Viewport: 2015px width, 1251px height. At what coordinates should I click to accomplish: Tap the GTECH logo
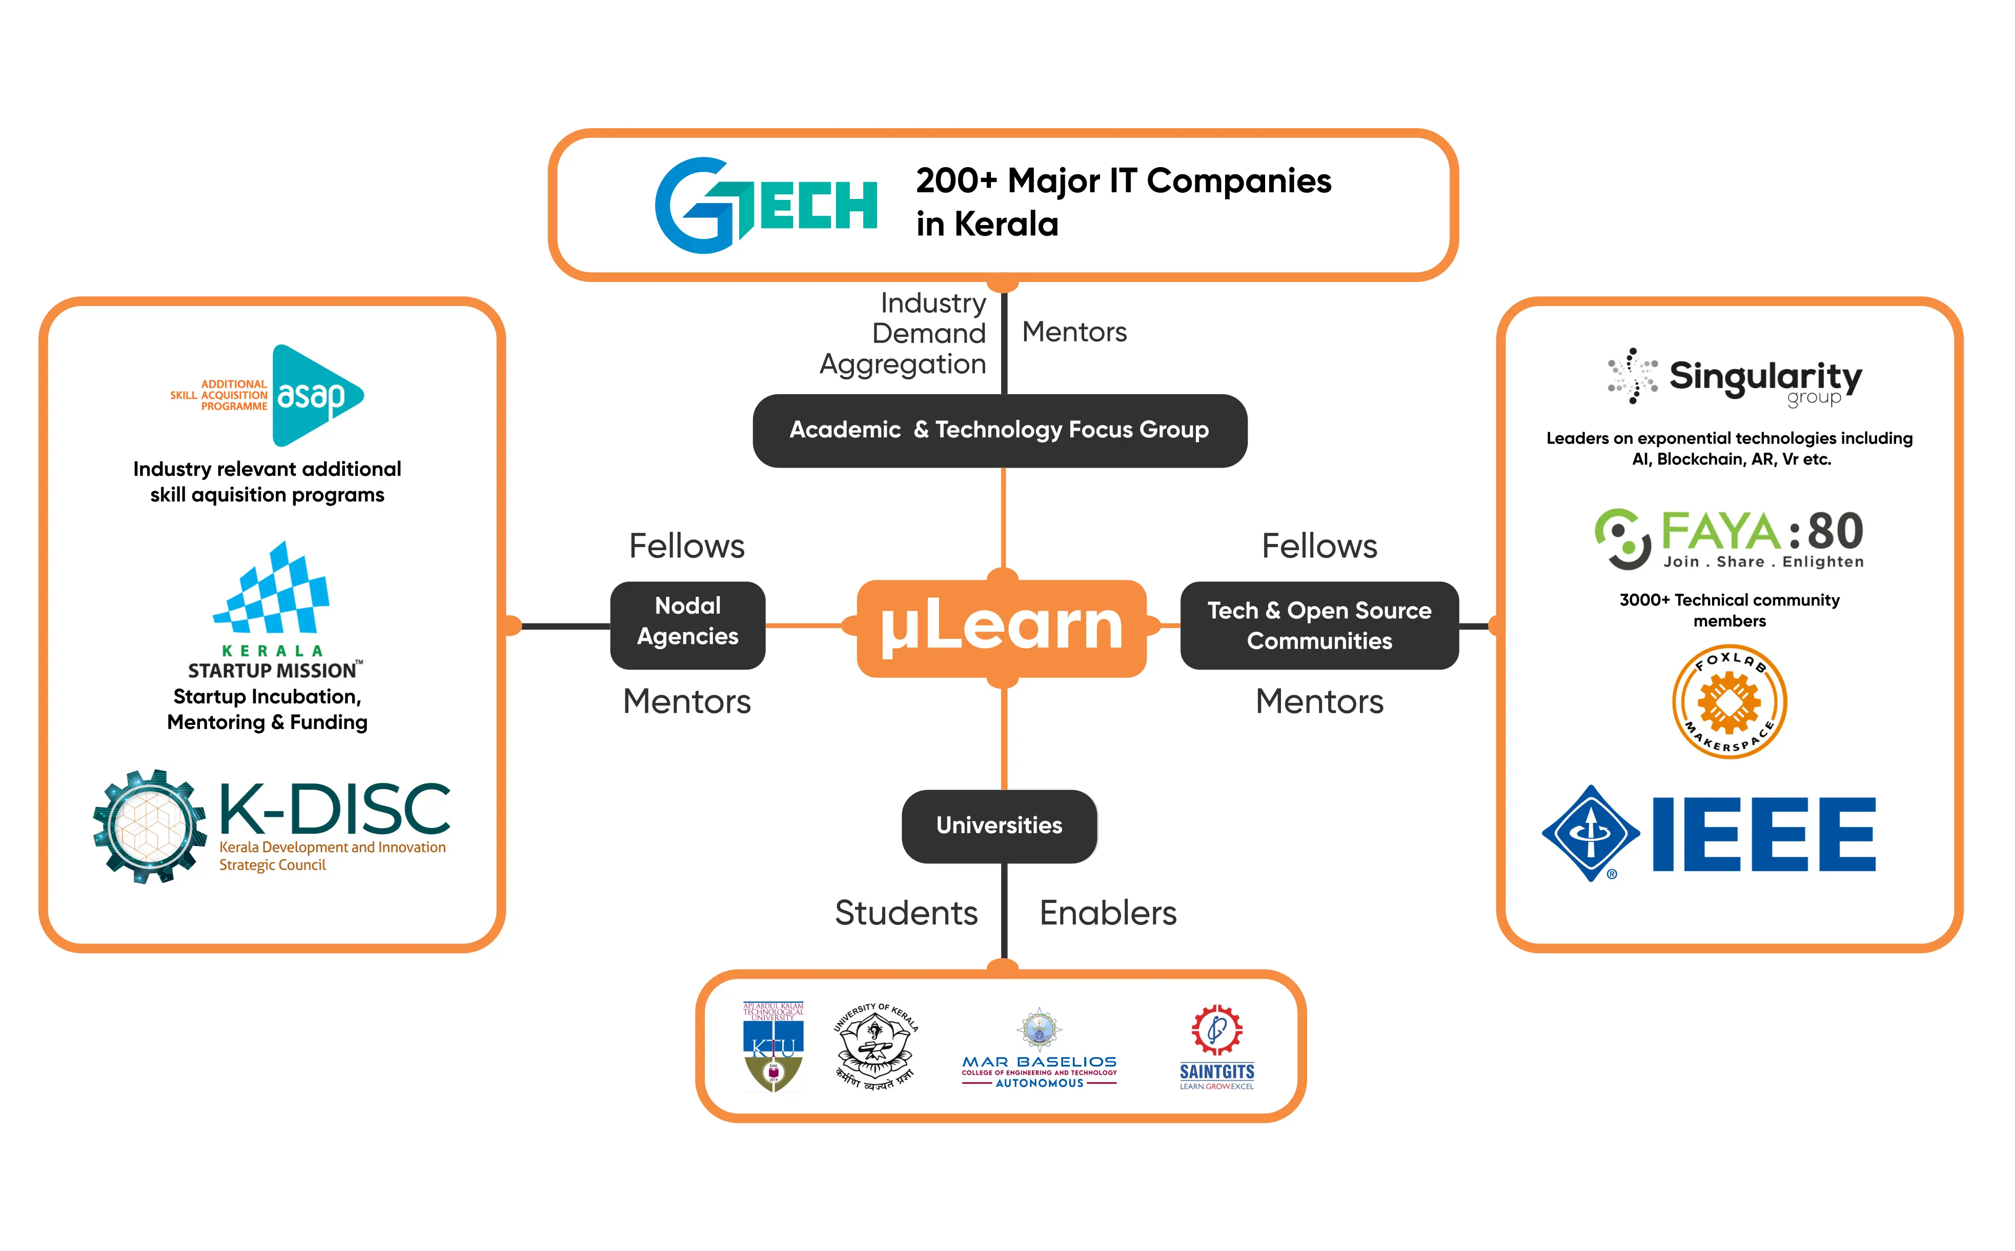tap(766, 205)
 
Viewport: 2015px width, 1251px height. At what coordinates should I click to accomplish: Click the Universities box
tap(999, 826)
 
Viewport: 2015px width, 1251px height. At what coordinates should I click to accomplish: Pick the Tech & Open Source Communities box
tap(1319, 625)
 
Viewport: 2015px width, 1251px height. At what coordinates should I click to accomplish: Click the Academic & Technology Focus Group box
tap(999, 430)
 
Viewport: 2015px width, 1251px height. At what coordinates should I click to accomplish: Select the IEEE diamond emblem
tap(1590, 833)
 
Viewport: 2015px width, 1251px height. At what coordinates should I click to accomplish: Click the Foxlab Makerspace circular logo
tap(1729, 701)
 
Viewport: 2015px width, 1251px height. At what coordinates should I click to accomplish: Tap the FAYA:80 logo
tap(1729, 538)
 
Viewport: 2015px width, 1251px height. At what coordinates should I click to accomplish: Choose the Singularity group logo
tap(1734, 377)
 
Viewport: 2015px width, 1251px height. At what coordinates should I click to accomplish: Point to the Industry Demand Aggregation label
tap(910, 333)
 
